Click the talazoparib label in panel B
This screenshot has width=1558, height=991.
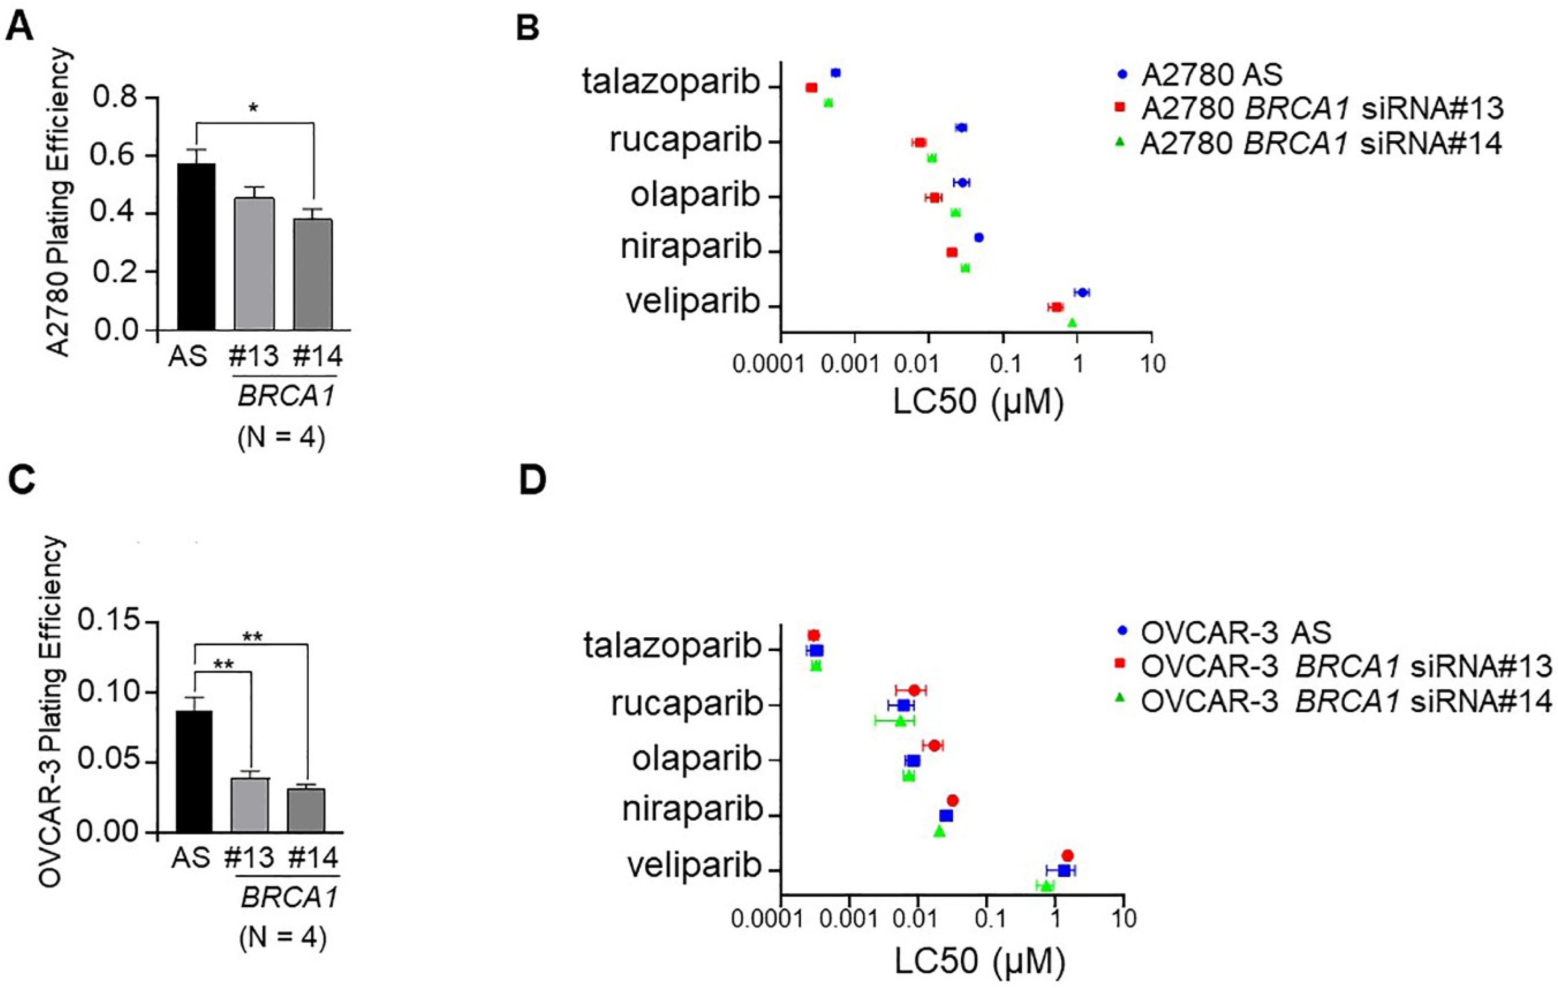tap(671, 83)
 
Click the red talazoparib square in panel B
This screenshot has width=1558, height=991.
tap(811, 87)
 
